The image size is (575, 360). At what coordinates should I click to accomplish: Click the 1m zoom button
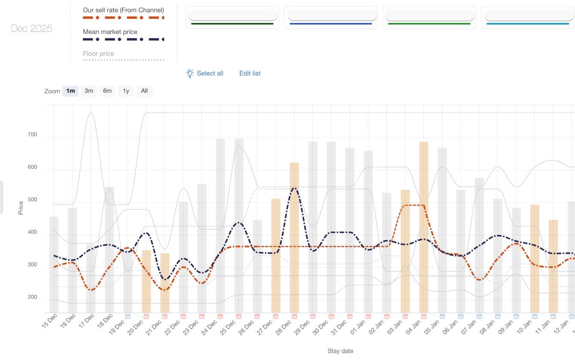70,91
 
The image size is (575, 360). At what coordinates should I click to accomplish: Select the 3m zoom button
89,91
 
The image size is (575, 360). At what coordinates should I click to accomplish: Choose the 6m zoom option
107,91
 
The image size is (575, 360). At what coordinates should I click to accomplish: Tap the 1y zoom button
126,91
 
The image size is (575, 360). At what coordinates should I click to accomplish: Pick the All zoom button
144,91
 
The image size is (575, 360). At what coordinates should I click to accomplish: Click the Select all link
210,73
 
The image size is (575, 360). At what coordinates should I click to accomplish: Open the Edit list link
250,73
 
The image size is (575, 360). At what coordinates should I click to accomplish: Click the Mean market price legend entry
110,32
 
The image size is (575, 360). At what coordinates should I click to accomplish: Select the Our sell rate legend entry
123,10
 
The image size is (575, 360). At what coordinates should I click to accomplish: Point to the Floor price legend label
98,54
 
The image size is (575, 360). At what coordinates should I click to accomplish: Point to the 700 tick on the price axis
32,134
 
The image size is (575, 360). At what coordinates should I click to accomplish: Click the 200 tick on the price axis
32,297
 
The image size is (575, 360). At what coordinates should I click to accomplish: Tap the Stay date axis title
340,351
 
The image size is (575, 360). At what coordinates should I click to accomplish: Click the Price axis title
21,207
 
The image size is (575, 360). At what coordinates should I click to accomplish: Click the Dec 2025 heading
31,28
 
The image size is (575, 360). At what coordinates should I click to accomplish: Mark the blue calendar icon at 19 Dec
128,317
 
